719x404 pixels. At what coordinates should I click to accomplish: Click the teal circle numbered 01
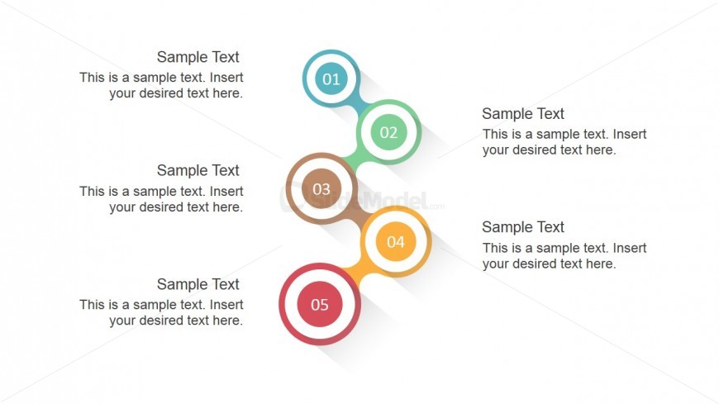pyautogui.click(x=331, y=78)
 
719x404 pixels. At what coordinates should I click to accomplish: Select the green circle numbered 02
pyautogui.click(x=388, y=132)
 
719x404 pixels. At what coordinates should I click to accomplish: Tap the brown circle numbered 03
pyautogui.click(x=321, y=188)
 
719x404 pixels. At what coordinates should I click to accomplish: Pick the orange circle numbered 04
pyautogui.click(x=396, y=242)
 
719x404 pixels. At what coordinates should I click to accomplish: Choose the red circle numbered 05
pyautogui.click(x=320, y=304)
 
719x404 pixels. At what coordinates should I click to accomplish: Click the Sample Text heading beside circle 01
pyautogui.click(x=198, y=57)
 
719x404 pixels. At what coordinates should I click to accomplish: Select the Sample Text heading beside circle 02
pyautogui.click(x=523, y=114)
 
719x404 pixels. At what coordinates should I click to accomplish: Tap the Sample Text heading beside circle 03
pyautogui.click(x=198, y=170)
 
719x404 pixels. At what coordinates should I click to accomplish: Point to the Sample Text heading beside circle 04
pyautogui.click(x=523, y=227)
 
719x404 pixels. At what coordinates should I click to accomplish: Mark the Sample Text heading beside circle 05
pyautogui.click(x=198, y=284)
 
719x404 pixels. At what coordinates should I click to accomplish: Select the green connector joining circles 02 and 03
pyautogui.click(x=352, y=160)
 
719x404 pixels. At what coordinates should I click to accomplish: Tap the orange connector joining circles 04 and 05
pyautogui.click(x=354, y=272)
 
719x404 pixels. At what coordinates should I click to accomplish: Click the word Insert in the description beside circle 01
pyautogui.click(x=226, y=78)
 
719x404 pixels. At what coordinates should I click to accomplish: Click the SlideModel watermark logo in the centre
pyautogui.click(x=362, y=202)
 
